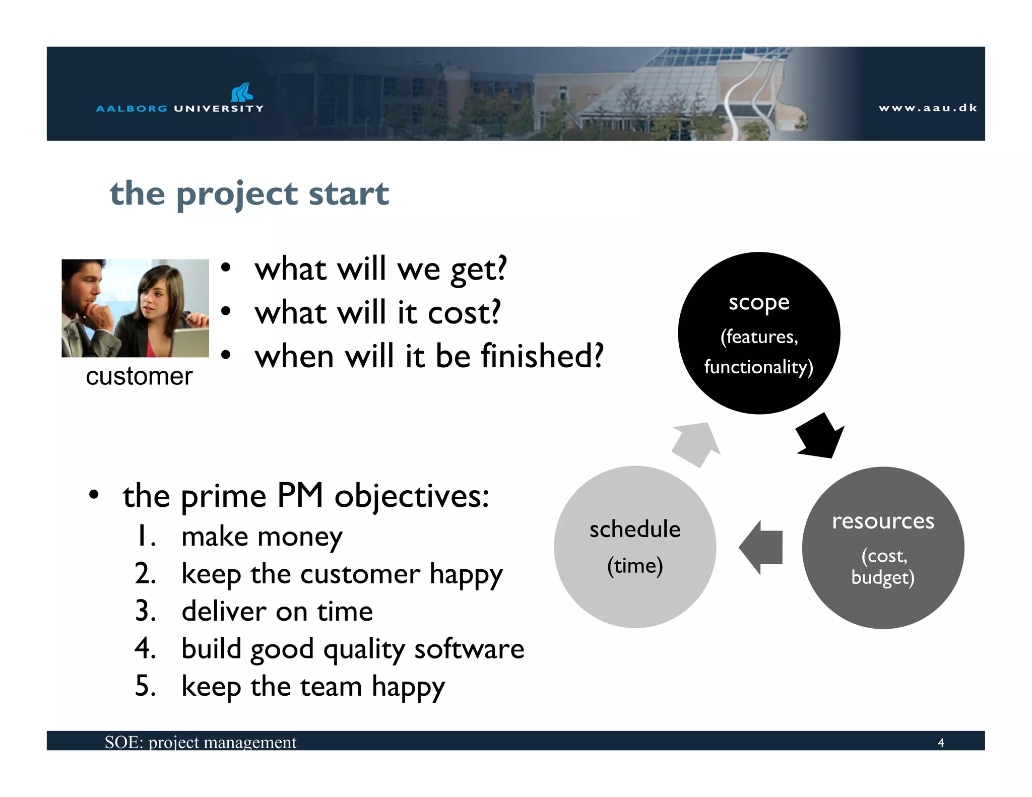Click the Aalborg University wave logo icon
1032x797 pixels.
242,92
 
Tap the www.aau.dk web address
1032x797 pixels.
928,108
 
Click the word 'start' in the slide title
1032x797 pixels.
348,194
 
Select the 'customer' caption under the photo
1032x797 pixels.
139,376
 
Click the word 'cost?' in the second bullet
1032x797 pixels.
464,313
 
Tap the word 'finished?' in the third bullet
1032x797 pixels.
542,356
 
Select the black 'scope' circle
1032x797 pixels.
759,333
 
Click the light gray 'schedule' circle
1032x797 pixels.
635,547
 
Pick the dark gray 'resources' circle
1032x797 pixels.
883,548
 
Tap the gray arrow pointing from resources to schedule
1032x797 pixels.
761,548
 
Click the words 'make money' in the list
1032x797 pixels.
262,537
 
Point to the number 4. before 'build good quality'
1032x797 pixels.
145,648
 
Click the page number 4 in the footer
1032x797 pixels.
940,743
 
